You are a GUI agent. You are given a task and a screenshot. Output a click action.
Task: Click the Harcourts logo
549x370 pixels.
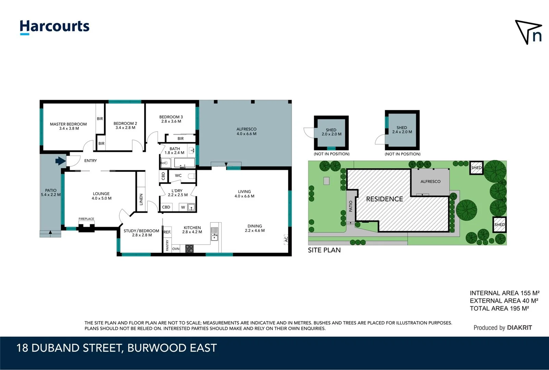54,27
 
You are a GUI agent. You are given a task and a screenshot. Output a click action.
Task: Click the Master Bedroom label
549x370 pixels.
68,126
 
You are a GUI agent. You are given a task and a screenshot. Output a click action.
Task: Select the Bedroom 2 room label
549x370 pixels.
125,125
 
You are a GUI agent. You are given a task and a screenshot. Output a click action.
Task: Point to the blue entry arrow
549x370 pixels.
61,161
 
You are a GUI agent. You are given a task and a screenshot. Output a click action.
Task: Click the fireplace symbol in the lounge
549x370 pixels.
86,227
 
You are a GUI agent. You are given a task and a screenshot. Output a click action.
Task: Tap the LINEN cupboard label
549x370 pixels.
141,199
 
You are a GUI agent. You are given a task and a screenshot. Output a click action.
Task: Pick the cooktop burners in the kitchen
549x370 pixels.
189,249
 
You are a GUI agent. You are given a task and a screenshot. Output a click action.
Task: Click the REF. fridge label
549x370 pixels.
167,232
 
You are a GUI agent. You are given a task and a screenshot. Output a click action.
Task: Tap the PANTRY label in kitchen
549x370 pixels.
167,245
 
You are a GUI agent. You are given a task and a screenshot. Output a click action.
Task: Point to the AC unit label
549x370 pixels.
286,239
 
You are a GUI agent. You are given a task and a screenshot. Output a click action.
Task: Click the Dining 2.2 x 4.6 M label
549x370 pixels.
254,228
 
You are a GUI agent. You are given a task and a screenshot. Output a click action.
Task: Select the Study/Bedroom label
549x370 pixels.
141,233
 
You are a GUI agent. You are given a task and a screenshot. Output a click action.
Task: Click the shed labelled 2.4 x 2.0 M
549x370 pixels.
402,129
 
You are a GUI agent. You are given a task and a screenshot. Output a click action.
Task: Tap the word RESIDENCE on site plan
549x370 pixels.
384,199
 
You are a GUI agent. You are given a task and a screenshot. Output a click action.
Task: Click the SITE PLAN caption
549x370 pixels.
324,250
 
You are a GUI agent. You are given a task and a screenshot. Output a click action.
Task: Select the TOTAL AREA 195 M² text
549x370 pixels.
499,308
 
